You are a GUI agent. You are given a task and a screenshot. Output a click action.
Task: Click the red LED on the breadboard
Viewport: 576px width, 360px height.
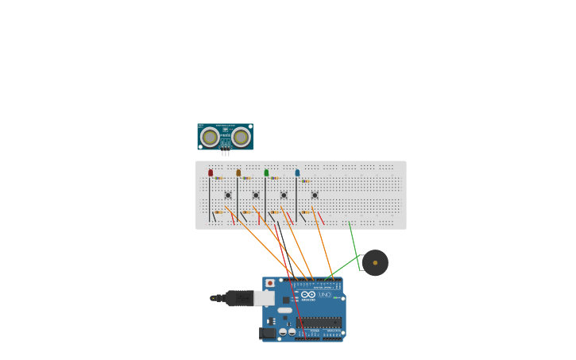[211, 172]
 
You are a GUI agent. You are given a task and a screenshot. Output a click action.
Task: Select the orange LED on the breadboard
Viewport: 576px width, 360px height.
[238, 172]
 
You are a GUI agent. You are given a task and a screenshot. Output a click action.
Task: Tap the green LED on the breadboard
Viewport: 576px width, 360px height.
[266, 172]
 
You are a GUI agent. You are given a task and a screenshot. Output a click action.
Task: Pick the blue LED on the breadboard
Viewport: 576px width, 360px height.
[297, 172]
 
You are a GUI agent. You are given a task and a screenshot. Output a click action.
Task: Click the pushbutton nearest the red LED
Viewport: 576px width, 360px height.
[228, 195]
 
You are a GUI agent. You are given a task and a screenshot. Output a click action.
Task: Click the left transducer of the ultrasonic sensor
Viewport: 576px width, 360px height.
[210, 137]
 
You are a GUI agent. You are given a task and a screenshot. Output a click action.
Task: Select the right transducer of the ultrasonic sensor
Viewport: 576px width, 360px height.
[241, 137]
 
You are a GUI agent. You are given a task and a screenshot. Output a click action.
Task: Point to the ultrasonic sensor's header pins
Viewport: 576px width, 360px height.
[226, 153]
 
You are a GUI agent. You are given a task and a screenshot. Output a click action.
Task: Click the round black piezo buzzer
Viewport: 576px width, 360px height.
[375, 262]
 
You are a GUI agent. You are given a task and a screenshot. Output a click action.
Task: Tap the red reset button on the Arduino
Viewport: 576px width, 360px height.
[270, 283]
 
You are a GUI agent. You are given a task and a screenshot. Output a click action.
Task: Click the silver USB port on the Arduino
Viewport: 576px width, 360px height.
[264, 298]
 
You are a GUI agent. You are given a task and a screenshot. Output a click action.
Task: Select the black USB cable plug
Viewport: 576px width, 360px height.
[238, 298]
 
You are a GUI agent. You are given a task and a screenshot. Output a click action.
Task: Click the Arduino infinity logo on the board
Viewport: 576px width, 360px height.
[308, 295]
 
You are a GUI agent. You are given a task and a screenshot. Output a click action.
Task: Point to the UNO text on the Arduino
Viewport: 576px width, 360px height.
[324, 295]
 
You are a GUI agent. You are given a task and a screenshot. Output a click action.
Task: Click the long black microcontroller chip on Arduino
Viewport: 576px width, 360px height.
[319, 323]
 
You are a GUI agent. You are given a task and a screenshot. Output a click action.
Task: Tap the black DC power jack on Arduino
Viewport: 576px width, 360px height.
[268, 333]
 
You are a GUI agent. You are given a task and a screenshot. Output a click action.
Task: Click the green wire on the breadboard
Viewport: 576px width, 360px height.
[353, 235]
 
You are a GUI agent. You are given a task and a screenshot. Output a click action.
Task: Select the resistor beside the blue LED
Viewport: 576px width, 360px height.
[305, 181]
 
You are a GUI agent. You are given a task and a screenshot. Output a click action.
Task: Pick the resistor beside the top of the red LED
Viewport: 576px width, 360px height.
[218, 178]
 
